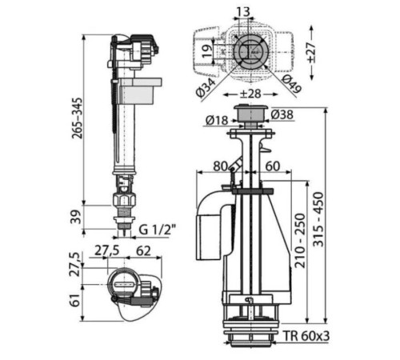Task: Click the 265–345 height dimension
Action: point(78,118)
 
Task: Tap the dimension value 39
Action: point(76,217)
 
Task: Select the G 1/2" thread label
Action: point(158,230)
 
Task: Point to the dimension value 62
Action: point(144,251)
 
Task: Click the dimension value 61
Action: point(76,300)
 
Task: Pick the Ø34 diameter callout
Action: point(206,88)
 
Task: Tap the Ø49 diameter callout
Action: point(291,84)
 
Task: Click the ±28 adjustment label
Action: point(250,94)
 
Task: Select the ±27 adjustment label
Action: point(311,52)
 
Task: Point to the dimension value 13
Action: point(243,12)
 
